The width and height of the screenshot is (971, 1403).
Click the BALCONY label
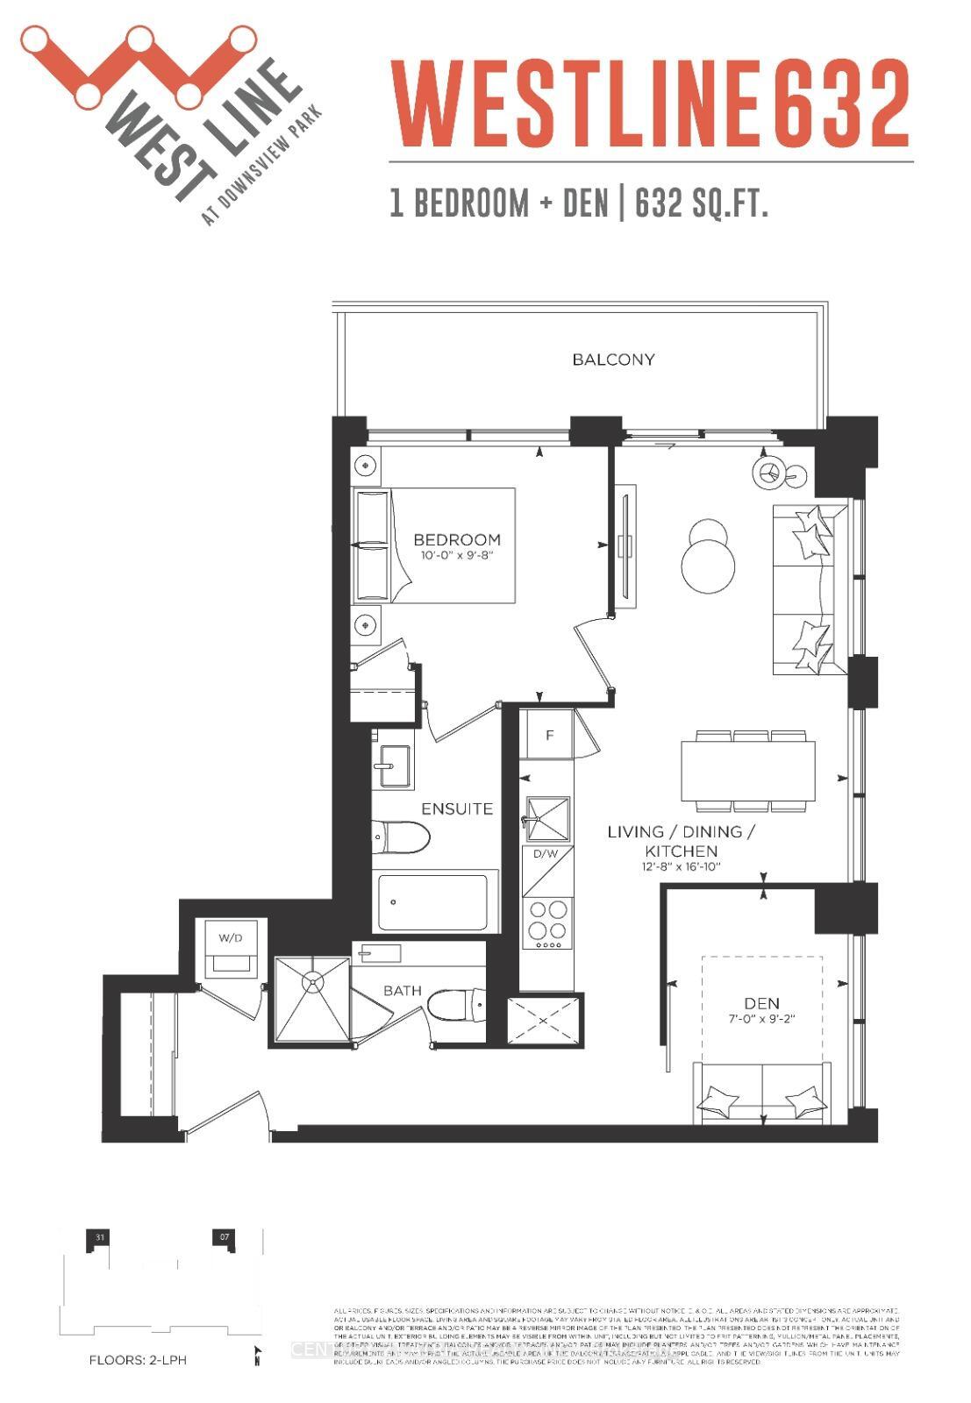tap(613, 360)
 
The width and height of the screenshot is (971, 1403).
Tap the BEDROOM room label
tap(457, 539)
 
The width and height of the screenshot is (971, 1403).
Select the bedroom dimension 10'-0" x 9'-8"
tap(457, 556)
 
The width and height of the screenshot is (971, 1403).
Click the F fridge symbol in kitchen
tap(549, 735)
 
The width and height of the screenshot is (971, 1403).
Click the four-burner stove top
tap(547, 922)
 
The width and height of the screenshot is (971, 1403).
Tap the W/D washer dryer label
tap(231, 937)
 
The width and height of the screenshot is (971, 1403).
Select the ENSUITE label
tap(457, 808)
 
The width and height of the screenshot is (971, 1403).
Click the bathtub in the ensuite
tap(432, 903)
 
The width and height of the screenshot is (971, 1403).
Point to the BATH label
tap(403, 991)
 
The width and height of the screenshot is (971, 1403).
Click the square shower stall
tap(313, 1000)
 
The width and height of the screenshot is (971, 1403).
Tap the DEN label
tap(761, 1003)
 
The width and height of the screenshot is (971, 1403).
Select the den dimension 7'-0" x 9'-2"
tap(761, 1019)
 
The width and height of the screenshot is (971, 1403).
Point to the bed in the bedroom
tap(434, 545)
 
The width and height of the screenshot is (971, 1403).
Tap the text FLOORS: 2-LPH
tap(138, 1361)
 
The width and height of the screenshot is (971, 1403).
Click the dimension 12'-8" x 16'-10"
tap(681, 867)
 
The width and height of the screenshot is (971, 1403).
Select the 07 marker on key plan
tap(225, 1237)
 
